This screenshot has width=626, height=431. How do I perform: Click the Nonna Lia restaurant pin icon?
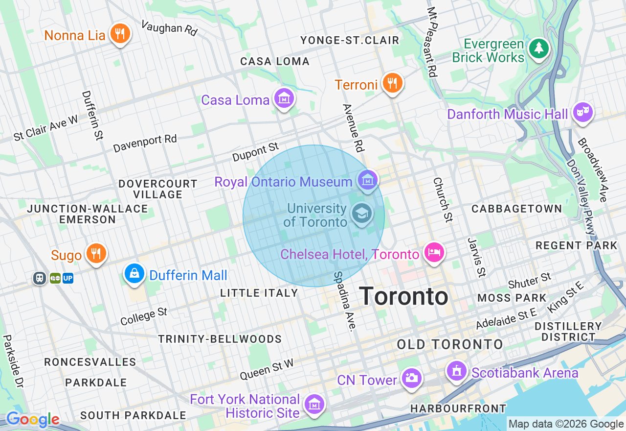119,34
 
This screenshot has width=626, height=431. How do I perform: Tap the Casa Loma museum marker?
284,99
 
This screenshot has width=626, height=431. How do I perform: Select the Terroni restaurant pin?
392,83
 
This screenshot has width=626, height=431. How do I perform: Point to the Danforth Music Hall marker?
582,113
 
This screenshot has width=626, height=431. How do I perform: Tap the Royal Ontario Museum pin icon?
367,181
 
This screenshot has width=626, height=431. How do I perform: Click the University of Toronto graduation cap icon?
362,214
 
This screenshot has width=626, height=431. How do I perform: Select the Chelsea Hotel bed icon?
434,253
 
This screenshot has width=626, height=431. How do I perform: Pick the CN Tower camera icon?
411,378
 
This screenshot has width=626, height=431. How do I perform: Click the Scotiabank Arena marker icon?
456,371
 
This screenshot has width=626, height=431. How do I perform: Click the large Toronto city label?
403,296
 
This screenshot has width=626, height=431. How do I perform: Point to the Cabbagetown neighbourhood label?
516,209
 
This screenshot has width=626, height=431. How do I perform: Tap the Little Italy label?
259,293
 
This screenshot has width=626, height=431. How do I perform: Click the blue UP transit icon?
68,278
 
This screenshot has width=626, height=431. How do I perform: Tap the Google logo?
32,420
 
